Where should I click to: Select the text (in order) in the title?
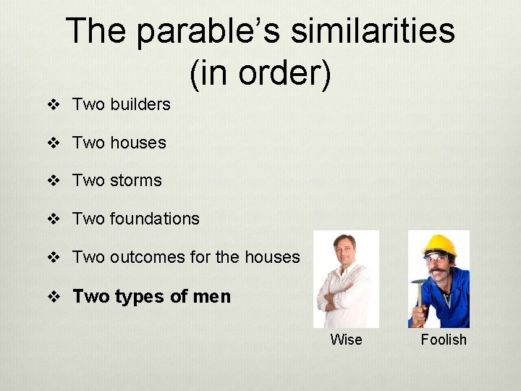(x=260, y=72)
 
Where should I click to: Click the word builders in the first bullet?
(x=140, y=104)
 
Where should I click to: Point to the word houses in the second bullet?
(x=138, y=143)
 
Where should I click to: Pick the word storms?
(x=136, y=180)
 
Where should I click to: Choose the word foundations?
(x=155, y=219)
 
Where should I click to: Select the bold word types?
(x=141, y=296)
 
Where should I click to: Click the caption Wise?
(x=346, y=340)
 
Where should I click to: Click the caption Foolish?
(x=444, y=340)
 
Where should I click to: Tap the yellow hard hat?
(x=439, y=245)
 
